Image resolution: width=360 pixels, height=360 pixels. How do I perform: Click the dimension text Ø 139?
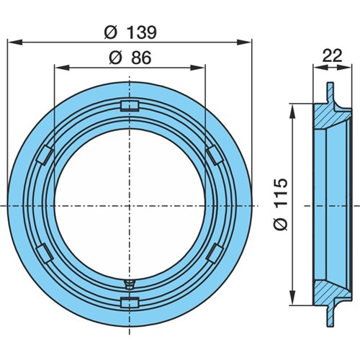pos(130,32)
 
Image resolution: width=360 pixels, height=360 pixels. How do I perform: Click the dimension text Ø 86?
pos(130,58)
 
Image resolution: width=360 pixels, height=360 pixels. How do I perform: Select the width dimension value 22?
pos(332,56)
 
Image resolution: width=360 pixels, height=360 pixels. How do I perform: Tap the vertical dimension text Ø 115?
pos(281,204)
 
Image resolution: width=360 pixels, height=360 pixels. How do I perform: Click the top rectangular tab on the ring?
pos(130,106)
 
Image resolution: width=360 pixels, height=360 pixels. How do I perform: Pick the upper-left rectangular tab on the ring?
pos(45,155)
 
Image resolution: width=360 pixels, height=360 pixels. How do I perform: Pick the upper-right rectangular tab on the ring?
pos(215,155)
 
